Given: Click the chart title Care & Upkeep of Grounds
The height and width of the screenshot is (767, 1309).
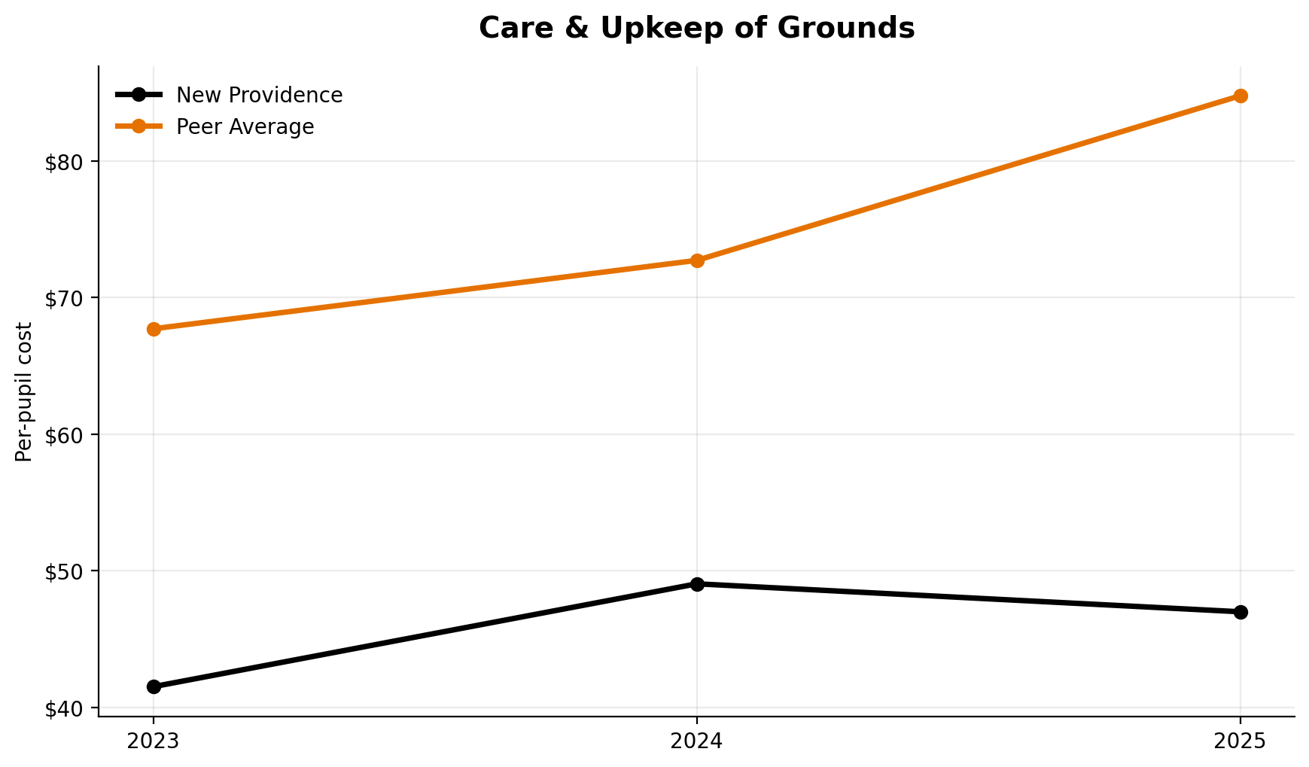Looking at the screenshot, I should point(696,29).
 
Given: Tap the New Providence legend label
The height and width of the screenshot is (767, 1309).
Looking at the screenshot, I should point(259,96).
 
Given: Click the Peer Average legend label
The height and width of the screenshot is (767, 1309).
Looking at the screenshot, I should point(245,127).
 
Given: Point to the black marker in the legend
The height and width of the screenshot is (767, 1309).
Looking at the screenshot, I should point(139,95).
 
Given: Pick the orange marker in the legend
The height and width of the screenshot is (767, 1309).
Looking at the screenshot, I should point(139,126).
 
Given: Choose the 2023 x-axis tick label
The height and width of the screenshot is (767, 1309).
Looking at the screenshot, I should point(154,741).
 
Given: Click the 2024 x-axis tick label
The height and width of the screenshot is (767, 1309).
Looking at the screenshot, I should point(697,741).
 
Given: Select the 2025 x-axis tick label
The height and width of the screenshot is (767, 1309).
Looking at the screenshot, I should point(1241,741).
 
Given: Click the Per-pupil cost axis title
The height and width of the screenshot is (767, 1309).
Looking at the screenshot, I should point(25,391).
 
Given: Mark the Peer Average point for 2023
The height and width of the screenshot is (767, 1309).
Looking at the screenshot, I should point(154,329).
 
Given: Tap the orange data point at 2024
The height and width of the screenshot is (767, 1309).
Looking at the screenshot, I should point(697,260).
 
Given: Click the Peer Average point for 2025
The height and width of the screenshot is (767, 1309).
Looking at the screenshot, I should point(1241,96).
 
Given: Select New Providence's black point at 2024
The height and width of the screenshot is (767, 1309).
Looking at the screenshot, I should point(697,584).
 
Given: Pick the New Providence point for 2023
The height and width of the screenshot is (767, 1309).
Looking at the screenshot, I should point(154,686).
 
